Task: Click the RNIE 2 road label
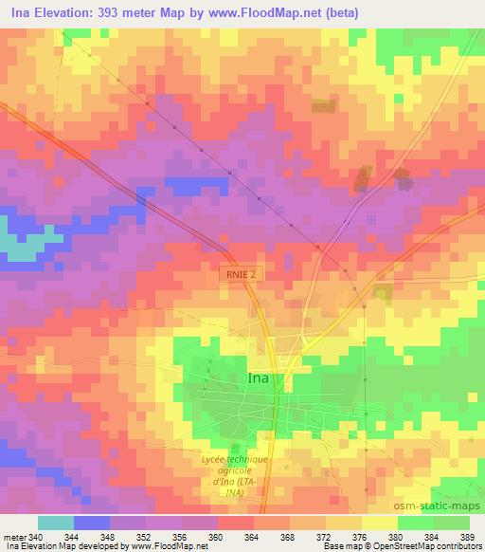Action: tap(240, 273)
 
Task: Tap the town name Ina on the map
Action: tap(258, 377)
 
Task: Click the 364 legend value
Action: tap(252, 536)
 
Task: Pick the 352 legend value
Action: tap(144, 536)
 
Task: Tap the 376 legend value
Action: tap(360, 536)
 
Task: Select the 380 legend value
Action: tap(396, 536)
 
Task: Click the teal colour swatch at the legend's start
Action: tap(56, 523)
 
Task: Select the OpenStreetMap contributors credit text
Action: tap(423, 547)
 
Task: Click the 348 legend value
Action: tap(108, 536)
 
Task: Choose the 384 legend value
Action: tap(432, 536)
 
